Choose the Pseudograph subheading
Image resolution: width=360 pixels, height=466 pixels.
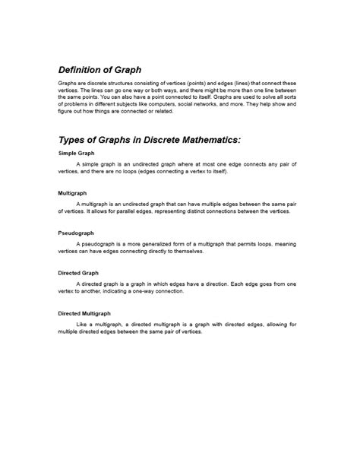pos(76,233)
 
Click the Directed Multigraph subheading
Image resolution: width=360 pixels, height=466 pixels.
pos(84,312)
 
